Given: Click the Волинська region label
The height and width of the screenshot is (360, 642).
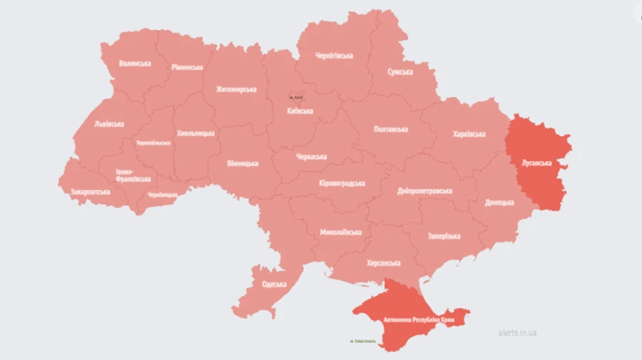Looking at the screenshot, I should (135, 63).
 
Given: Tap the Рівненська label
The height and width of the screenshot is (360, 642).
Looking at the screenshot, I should (187, 67).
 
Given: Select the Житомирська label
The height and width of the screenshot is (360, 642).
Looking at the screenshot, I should (236, 90).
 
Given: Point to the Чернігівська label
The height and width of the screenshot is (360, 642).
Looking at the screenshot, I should (335, 56).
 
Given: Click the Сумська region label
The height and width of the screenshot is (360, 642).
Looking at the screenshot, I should (400, 72).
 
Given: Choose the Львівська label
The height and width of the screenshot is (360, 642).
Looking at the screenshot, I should (108, 123).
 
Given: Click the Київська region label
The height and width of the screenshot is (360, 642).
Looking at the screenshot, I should (300, 111).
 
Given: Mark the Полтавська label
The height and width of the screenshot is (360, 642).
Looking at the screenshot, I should (391, 129).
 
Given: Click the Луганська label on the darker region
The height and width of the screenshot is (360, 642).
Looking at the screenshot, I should (537, 163).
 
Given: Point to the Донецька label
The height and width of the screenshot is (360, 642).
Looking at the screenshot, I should (499, 202).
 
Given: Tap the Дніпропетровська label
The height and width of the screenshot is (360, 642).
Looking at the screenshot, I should (425, 191).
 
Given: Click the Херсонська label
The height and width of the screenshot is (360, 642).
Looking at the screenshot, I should (383, 263).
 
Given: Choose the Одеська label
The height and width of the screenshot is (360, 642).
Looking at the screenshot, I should (274, 284).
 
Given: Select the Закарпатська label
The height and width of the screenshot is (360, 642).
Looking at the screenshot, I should (91, 192).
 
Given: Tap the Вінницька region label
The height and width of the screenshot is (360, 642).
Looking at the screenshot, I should (243, 163).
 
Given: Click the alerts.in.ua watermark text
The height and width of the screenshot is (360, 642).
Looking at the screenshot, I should (518, 333).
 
